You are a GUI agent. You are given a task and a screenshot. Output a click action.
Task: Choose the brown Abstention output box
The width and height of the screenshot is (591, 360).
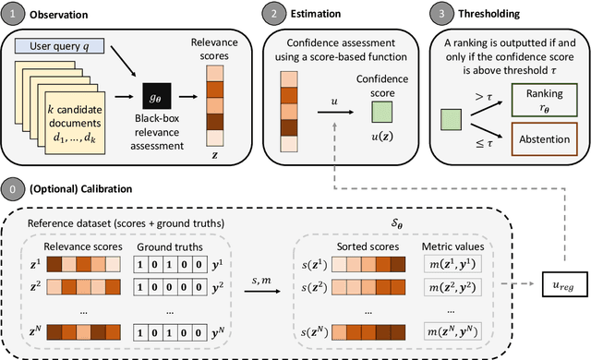539,138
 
